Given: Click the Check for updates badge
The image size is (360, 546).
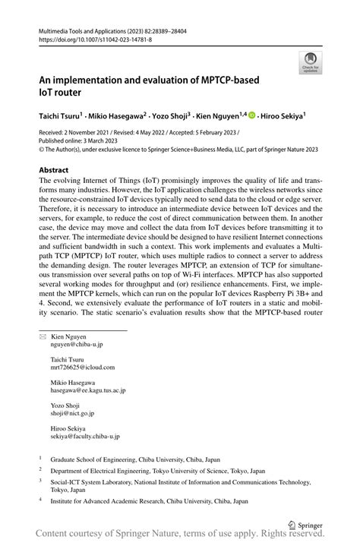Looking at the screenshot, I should (x=310, y=64).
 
